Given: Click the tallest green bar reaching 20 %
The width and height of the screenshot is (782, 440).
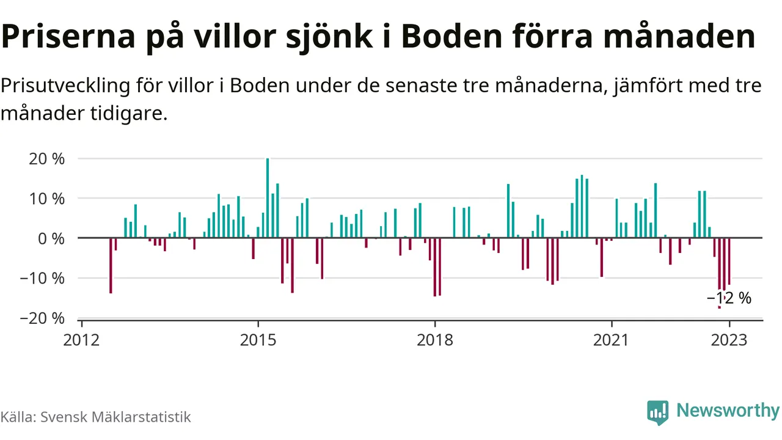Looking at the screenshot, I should [x=268, y=198].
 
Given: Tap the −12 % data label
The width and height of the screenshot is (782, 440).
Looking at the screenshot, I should [x=729, y=298].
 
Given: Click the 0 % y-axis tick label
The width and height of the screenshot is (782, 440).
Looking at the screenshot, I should [x=51, y=238].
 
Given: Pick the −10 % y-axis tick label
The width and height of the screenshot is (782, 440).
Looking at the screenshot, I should [x=43, y=278].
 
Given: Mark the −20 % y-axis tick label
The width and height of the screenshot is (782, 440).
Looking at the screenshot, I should [x=43, y=318].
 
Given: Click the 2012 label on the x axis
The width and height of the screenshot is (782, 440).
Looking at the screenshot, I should [x=81, y=339].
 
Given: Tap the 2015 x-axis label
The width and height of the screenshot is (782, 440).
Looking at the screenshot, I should [x=258, y=339].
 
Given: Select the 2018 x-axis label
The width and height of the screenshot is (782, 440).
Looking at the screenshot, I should [x=435, y=339].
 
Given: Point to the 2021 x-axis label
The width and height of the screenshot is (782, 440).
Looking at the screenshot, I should [x=612, y=339].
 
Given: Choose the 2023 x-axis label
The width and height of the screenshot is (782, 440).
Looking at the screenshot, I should [x=729, y=339].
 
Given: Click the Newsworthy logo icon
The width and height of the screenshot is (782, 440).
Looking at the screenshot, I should [x=657, y=412].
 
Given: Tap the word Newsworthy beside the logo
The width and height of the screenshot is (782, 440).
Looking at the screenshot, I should [x=728, y=411].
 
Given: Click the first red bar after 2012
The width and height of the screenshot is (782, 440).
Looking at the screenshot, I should [x=111, y=265].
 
